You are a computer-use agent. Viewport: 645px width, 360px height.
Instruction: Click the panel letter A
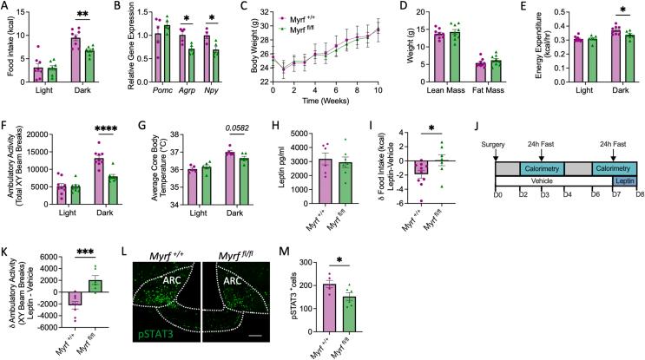(x=5, y=6)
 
